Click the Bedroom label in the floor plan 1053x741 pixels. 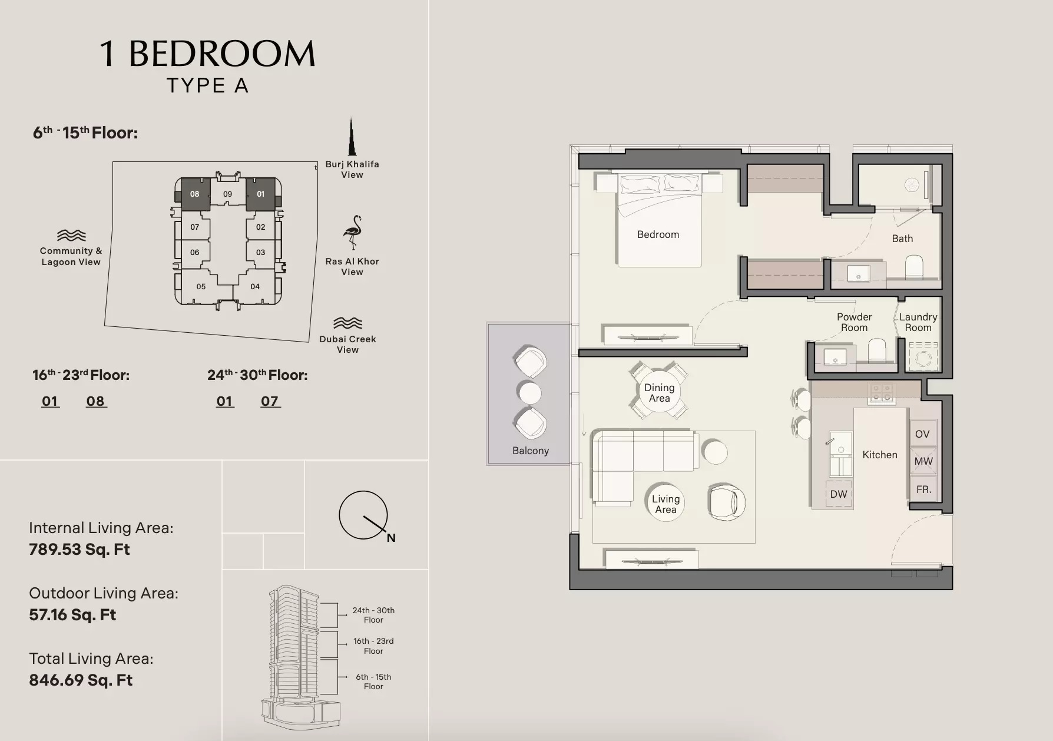pos(658,234)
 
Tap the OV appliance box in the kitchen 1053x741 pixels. pos(922,434)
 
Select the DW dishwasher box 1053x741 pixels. pos(838,494)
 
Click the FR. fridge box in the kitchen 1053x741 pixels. pos(923,489)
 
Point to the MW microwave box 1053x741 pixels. pos(923,461)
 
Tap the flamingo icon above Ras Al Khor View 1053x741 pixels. pos(353,233)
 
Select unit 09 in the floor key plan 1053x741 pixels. pos(227,194)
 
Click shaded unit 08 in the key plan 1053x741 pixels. pos(195,194)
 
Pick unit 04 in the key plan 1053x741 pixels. pos(255,287)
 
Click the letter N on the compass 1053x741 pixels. pos(391,538)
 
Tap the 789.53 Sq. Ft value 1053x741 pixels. pos(80,550)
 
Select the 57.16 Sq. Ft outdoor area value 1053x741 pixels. pos(72,615)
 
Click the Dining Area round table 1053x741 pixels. pos(659,393)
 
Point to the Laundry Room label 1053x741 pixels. pos(918,322)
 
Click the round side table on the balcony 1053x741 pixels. pos(529,392)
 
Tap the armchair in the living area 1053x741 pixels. pos(727,502)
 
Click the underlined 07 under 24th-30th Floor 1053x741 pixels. pos(270,402)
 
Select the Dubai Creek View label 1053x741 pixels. pos(347,344)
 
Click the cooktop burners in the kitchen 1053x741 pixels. pos(882,393)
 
